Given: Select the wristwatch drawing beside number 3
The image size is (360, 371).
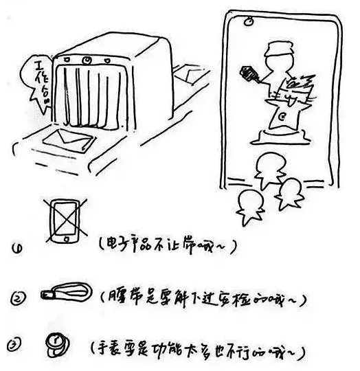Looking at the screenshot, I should click(54, 341).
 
